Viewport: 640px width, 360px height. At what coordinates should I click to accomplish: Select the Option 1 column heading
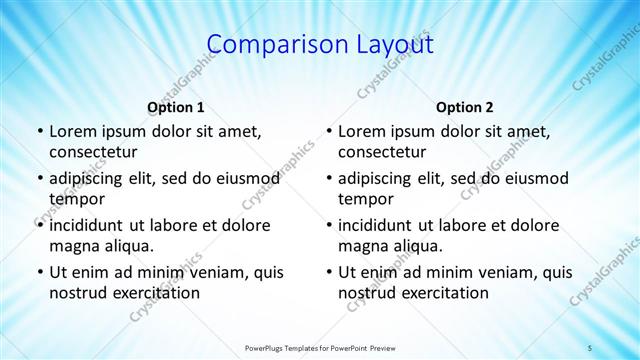click(176, 107)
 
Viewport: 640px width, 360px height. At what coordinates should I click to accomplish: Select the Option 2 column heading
click(465, 107)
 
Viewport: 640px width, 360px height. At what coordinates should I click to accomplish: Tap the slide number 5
click(590, 347)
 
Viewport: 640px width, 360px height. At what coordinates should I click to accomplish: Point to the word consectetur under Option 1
click(93, 152)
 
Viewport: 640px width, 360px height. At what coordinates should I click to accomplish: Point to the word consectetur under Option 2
click(382, 152)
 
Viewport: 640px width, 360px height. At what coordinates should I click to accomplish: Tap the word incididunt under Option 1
click(91, 225)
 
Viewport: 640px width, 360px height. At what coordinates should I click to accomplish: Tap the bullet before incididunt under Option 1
click(39, 225)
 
